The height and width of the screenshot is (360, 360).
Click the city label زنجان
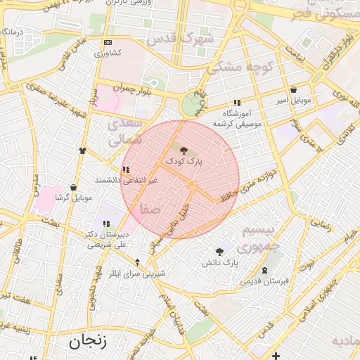click(88, 342)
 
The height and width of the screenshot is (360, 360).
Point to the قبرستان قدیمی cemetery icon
click(264, 270)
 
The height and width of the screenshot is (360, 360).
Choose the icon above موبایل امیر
click(293, 90)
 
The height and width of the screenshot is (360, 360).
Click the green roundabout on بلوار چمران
click(191, 105)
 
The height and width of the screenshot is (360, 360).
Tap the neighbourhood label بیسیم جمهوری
click(252, 239)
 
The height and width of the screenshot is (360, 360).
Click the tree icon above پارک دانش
click(219, 252)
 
